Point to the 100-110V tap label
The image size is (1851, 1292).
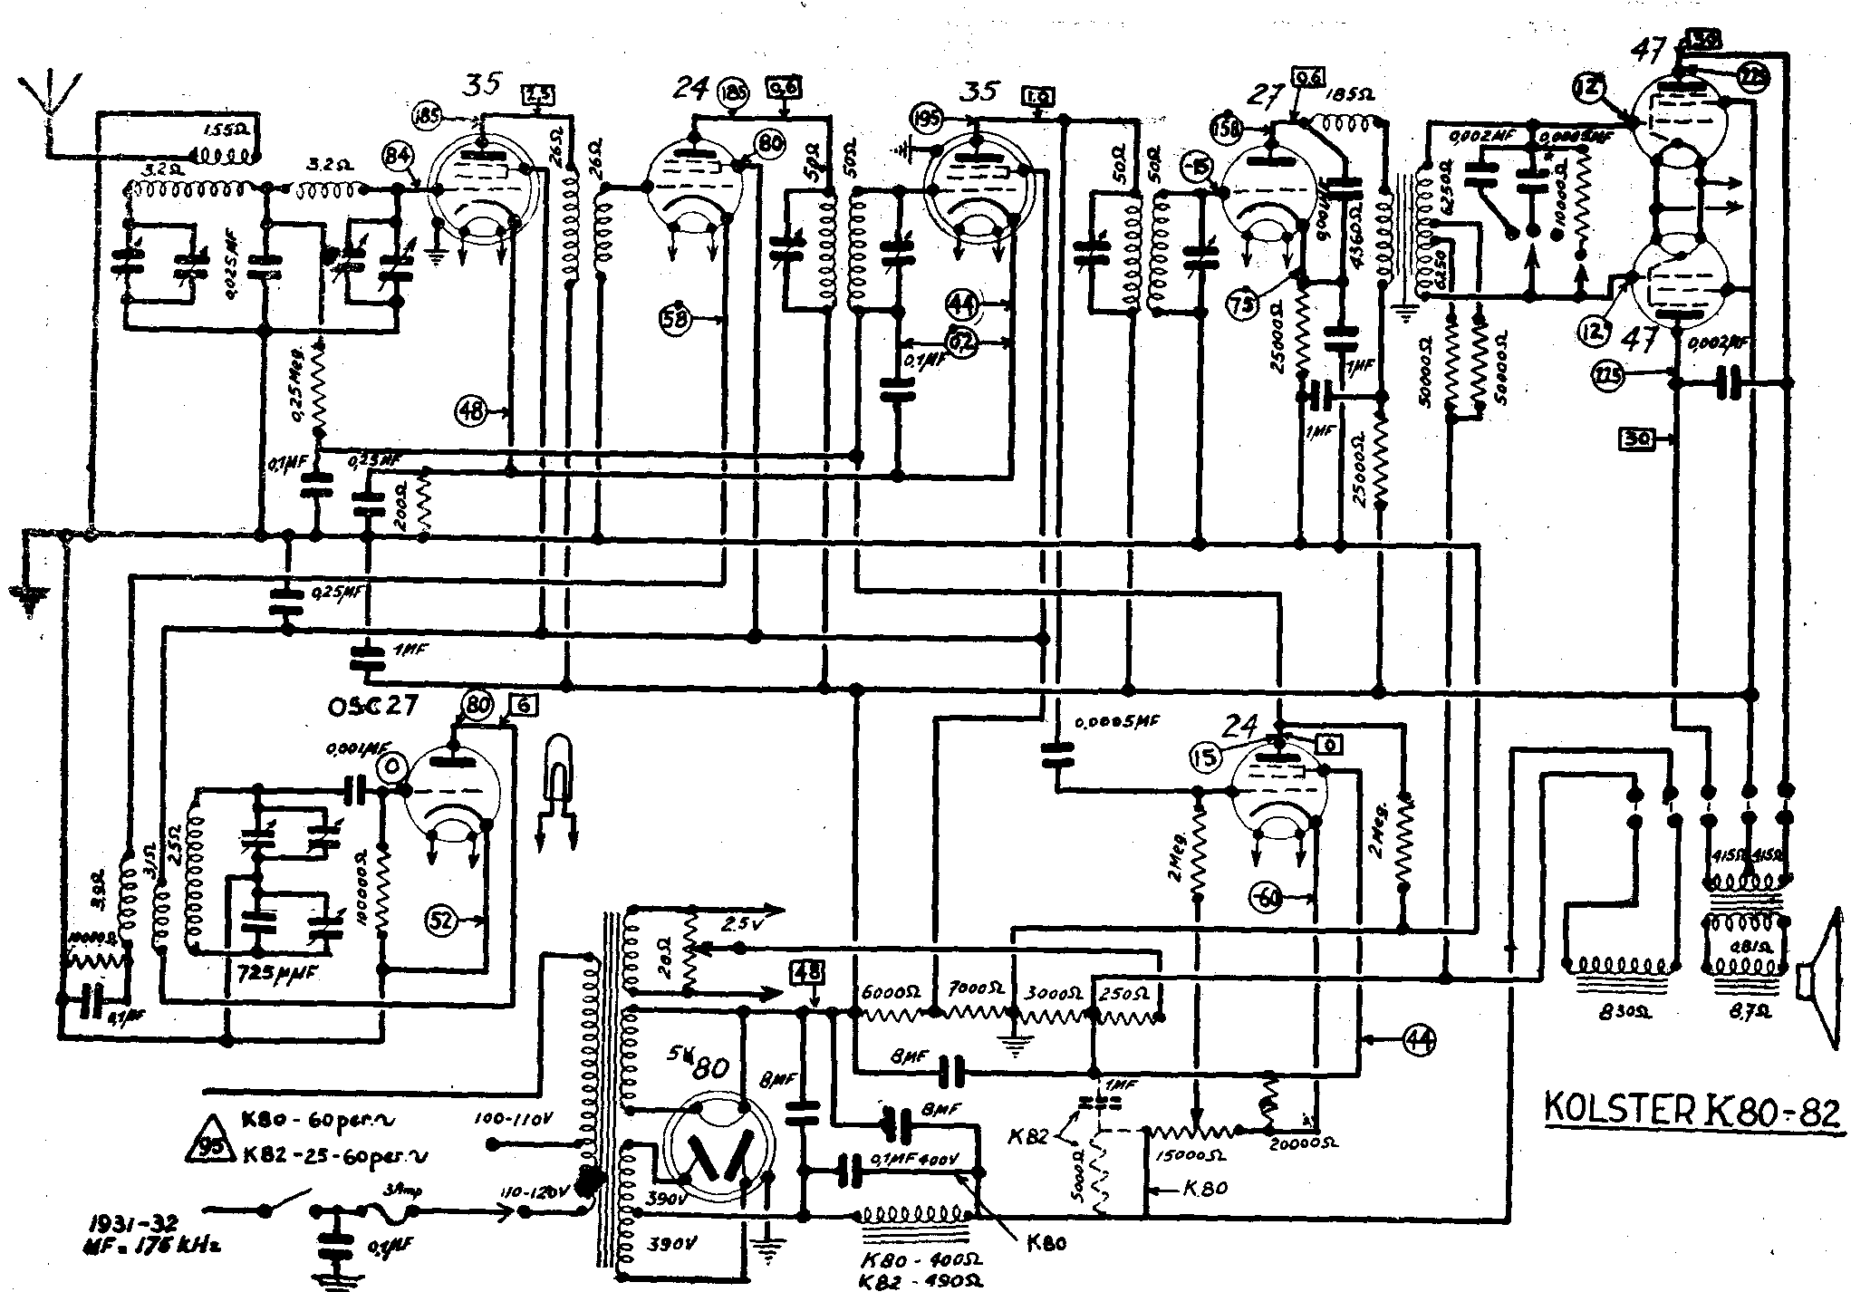click(x=513, y=1120)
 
